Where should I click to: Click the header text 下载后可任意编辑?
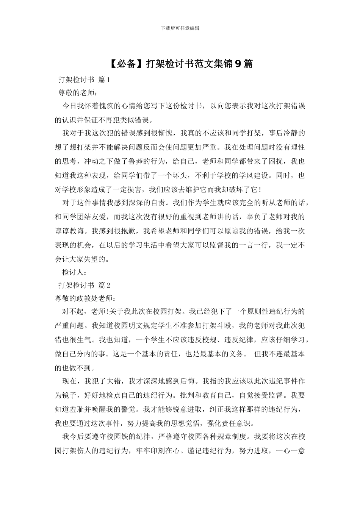180,28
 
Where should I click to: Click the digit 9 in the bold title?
238,64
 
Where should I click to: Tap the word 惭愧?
165,133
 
